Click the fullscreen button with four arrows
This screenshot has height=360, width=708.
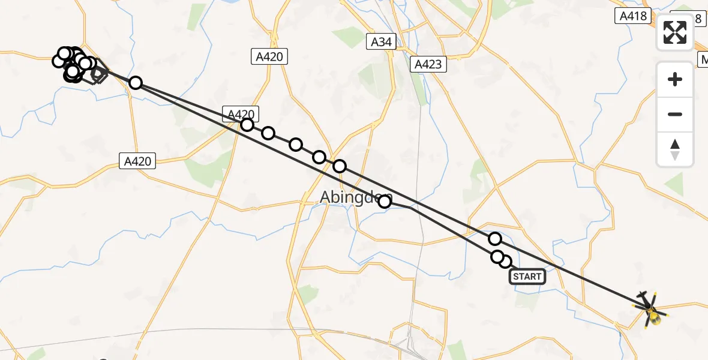[x=675, y=32]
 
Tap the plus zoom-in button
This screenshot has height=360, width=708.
[x=675, y=79]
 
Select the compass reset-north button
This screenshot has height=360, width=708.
[x=675, y=149]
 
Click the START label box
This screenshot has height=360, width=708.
[x=527, y=277]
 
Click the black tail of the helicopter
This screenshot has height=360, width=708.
[x=644, y=299]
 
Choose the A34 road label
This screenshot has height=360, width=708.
[x=382, y=41]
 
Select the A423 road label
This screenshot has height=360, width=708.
[x=428, y=64]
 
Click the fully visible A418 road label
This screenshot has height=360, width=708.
[x=634, y=16]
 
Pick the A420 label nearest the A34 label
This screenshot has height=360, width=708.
[x=268, y=56]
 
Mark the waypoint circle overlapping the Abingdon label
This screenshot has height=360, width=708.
[x=385, y=202]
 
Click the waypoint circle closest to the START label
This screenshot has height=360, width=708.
[x=505, y=262]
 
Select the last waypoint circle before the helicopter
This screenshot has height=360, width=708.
[x=495, y=239]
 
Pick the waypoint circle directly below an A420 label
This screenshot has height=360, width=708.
[x=247, y=125]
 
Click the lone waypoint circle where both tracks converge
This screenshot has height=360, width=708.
[x=136, y=83]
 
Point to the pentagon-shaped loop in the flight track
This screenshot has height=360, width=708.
[x=98, y=74]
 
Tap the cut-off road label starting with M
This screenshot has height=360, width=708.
[x=703, y=59]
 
